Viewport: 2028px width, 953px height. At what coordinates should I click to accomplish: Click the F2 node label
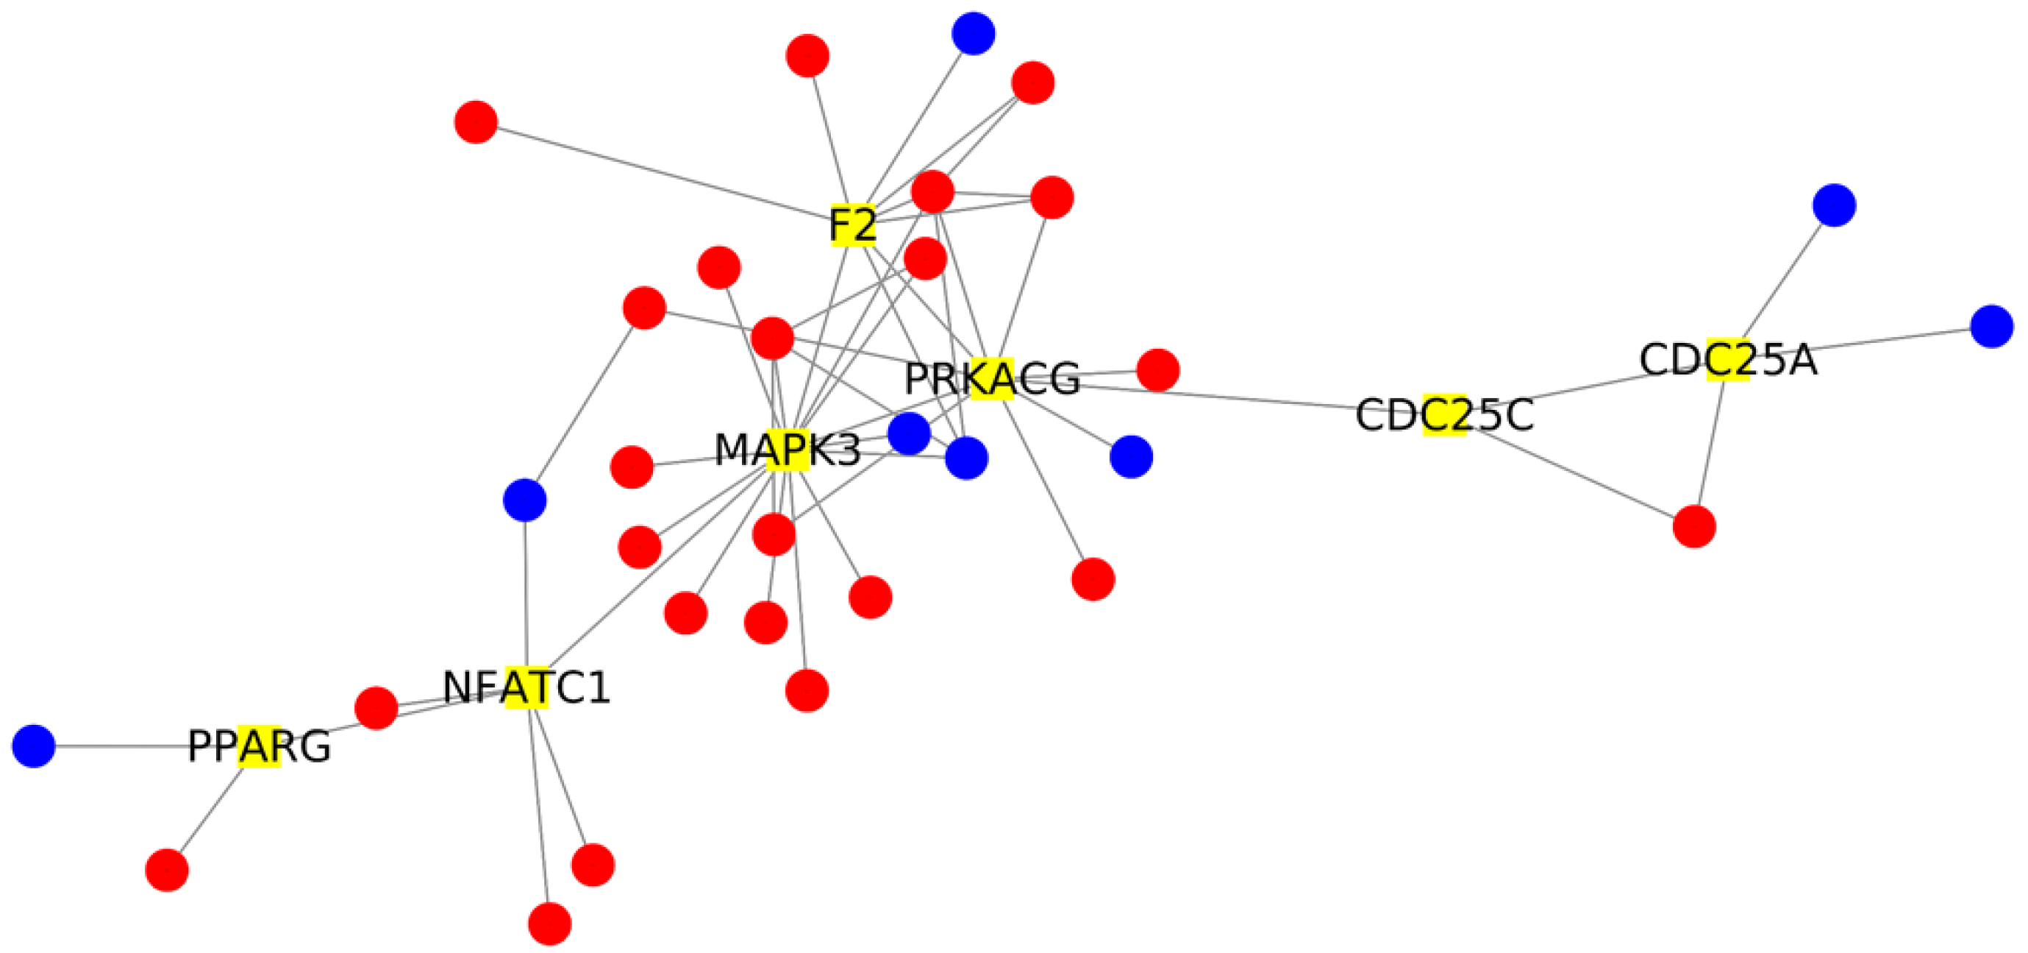click(x=853, y=224)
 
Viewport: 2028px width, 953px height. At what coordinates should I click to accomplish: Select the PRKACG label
click(x=992, y=379)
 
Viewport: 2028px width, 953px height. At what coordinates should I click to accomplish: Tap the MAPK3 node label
click(x=788, y=450)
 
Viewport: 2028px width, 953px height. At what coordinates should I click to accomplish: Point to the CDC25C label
click(x=1445, y=415)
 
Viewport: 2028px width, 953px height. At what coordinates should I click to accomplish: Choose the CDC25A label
click(x=1729, y=360)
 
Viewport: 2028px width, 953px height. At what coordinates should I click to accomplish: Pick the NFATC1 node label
click(x=526, y=687)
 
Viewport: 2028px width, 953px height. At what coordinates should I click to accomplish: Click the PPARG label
click(x=259, y=746)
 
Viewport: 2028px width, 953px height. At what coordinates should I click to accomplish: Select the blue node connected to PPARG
click(x=34, y=745)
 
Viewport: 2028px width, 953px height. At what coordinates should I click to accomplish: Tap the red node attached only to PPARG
click(x=167, y=870)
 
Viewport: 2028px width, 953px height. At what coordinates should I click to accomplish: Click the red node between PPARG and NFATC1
click(x=376, y=707)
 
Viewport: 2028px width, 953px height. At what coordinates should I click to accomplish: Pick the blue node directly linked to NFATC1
click(x=525, y=500)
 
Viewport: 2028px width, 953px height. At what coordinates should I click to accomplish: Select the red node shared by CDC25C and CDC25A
click(x=1694, y=526)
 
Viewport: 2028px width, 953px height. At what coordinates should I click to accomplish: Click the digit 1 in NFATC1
click(x=599, y=687)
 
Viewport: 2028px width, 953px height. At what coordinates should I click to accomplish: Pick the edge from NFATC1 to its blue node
click(x=526, y=591)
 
